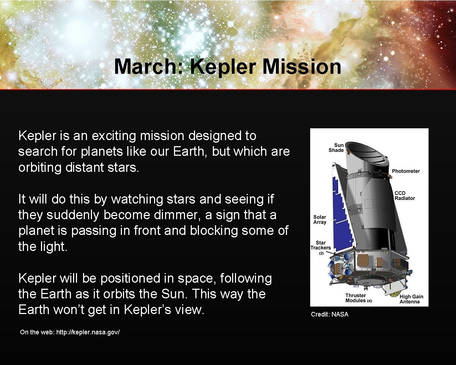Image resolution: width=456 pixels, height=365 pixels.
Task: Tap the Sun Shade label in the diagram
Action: click(x=336, y=148)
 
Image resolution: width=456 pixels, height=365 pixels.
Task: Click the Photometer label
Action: click(x=406, y=171)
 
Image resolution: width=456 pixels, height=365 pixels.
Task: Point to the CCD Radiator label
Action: click(x=404, y=196)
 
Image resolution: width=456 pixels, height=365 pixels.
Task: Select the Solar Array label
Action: click(x=319, y=220)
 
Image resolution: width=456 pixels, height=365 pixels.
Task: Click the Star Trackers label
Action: click(x=321, y=246)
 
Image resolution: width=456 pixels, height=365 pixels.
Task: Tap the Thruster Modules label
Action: click(x=358, y=298)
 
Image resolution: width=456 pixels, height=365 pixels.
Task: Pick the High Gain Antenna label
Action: click(x=411, y=299)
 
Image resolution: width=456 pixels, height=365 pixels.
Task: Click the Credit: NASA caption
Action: click(x=329, y=314)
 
